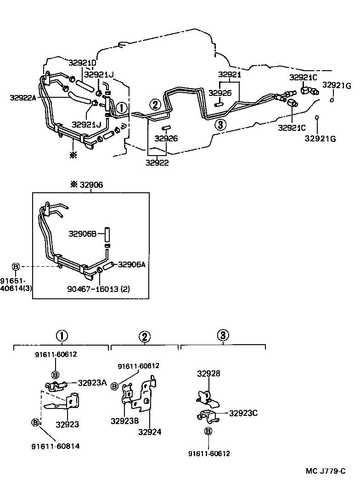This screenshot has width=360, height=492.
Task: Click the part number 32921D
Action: (x=83, y=63)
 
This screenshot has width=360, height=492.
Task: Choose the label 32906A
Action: (x=131, y=264)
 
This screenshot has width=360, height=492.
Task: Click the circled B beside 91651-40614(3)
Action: (x=16, y=267)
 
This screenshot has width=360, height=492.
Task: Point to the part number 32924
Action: (x=150, y=432)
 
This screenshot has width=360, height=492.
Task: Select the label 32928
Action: (x=208, y=374)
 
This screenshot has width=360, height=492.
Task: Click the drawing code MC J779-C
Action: (x=325, y=471)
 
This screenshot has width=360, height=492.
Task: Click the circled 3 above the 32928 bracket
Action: (x=223, y=335)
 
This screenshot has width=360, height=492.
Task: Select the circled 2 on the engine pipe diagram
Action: (x=155, y=104)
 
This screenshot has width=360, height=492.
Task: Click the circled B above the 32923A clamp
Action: (x=55, y=374)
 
